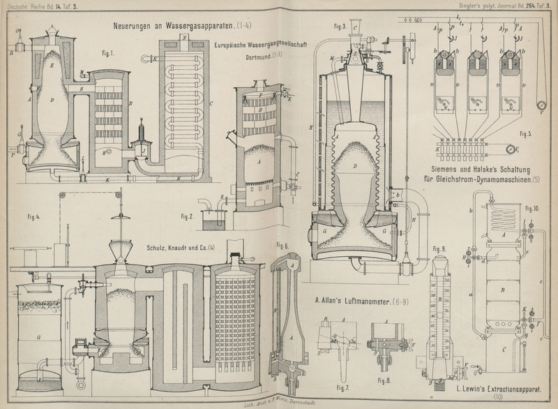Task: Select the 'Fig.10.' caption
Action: (533, 209)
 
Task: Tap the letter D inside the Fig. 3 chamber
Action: (355, 165)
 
